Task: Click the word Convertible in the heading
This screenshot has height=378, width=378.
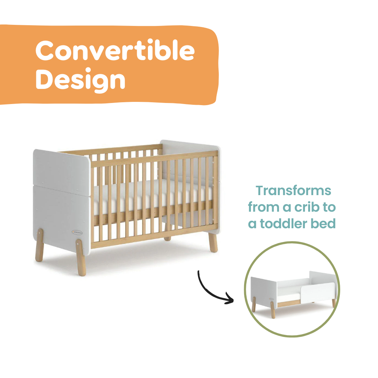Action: click(114, 51)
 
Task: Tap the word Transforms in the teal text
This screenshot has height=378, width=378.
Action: click(293, 191)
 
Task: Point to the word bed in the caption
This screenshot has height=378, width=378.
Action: click(325, 224)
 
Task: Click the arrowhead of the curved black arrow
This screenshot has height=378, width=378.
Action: click(229, 299)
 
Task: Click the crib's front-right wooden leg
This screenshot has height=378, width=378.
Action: click(213, 242)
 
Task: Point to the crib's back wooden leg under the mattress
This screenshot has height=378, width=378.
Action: click(167, 238)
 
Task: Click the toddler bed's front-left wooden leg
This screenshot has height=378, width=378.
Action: click(273, 309)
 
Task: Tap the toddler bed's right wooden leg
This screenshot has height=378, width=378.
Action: click(333, 303)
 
